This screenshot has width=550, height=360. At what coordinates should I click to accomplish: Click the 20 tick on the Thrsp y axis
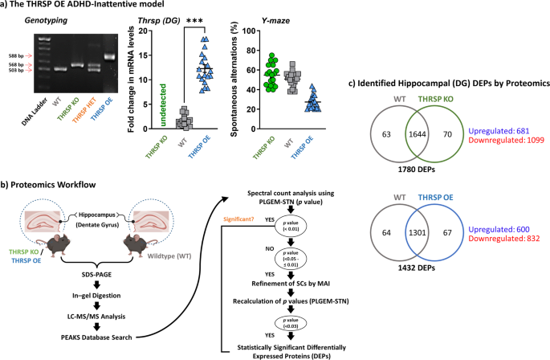coord(144,31)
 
